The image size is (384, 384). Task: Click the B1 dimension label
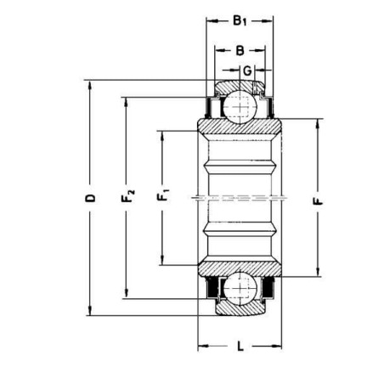click(x=240, y=20)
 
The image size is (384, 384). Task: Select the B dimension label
click(x=240, y=51)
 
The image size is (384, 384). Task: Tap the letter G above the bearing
click(x=247, y=71)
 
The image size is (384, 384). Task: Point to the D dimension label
click(x=90, y=198)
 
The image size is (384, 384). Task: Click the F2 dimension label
click(x=127, y=195)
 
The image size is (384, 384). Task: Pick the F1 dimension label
click(x=163, y=196)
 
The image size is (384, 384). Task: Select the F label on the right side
click(x=318, y=201)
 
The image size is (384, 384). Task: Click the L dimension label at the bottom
click(x=240, y=346)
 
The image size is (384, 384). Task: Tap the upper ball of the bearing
click(x=240, y=107)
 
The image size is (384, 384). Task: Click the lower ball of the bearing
click(x=240, y=288)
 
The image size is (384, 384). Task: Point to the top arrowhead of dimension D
click(x=90, y=86)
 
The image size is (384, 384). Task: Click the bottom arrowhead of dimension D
click(x=90, y=310)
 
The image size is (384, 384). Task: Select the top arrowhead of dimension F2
click(x=126, y=103)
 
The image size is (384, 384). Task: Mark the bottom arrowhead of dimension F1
click(x=162, y=260)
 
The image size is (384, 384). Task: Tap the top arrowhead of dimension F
click(x=318, y=125)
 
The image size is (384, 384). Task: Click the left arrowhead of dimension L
click(x=203, y=346)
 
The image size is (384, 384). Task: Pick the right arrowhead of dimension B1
click(x=268, y=20)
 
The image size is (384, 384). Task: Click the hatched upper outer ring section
click(x=240, y=87)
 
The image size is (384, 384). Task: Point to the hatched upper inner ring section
click(x=240, y=127)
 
